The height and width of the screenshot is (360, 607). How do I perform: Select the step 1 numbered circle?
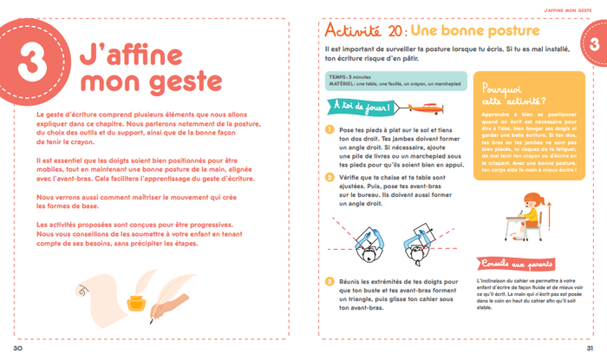pyautogui.click(x=330, y=130)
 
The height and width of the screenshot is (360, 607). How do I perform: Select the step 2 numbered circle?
pyautogui.click(x=330, y=178)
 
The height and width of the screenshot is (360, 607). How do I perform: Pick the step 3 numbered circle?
pyautogui.click(x=330, y=281)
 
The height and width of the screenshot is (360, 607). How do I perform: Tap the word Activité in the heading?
pyautogui.click(x=352, y=29)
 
